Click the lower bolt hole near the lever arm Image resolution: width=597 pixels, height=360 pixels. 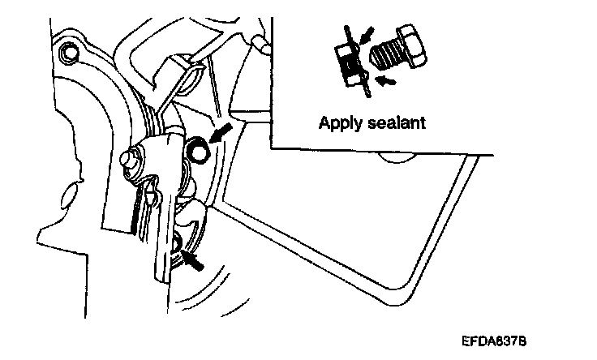(x=179, y=242)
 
